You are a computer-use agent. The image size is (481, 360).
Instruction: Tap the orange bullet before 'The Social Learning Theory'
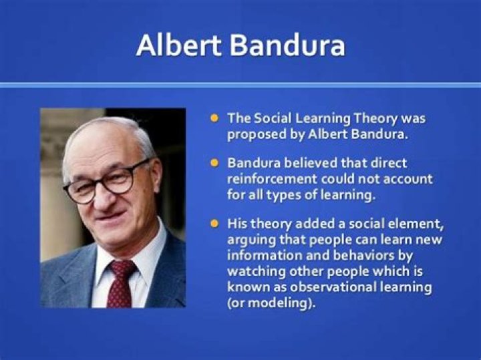[214, 118]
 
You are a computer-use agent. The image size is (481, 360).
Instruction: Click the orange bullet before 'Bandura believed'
[214, 162]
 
